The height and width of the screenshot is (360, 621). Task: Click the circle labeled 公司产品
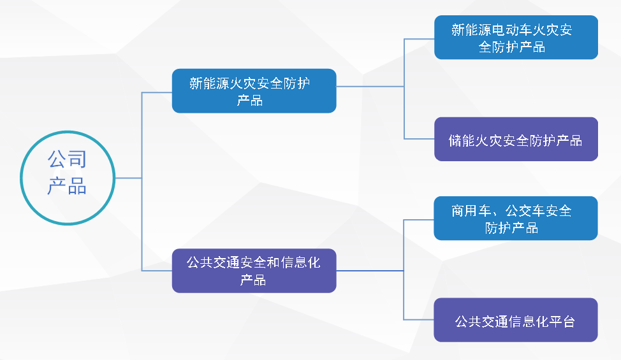[67, 176]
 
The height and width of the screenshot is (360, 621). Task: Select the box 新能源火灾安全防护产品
[254, 90]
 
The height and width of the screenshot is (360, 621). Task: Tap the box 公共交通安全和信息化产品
[254, 270]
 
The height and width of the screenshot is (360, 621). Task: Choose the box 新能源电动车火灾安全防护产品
[516, 38]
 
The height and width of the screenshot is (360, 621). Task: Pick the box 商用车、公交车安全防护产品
[516, 218]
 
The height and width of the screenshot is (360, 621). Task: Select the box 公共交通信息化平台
[516, 320]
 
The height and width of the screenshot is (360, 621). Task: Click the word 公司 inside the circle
[67, 159]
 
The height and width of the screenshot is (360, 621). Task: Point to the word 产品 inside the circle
[67, 186]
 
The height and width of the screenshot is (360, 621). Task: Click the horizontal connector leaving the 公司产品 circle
[128, 178]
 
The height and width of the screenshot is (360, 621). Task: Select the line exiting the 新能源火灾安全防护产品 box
[370, 87]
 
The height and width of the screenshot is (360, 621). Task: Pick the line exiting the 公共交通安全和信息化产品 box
[370, 271]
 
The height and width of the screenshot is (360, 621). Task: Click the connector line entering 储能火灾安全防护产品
[419, 139]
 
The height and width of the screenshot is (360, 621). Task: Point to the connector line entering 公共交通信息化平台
[419, 320]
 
